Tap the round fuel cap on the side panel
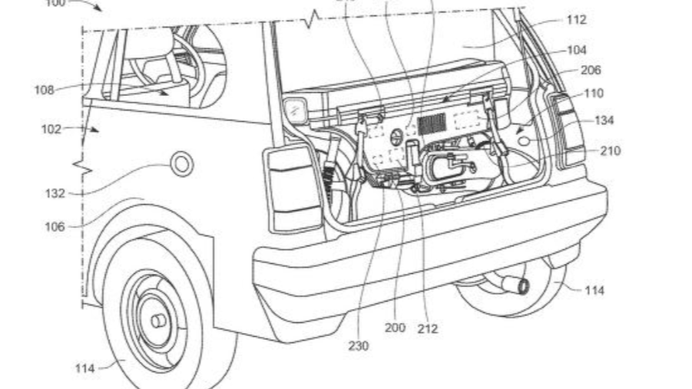pyautogui.click(x=182, y=163)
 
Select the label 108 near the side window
pyautogui.click(x=45, y=90)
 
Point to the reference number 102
pyautogui.click(x=52, y=129)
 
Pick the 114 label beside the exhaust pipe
pyautogui.click(x=594, y=290)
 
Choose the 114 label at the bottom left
pyautogui.click(x=85, y=368)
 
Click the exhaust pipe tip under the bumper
pyautogui.click(x=521, y=287)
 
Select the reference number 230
pyautogui.click(x=358, y=346)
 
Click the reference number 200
pyautogui.click(x=395, y=328)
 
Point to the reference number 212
pyautogui.click(x=428, y=328)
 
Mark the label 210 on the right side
pyautogui.click(x=611, y=150)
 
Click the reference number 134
pyautogui.click(x=604, y=120)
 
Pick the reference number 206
pyautogui.click(x=591, y=70)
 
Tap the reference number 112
pyautogui.click(x=576, y=20)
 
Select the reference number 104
pyautogui.click(x=578, y=50)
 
